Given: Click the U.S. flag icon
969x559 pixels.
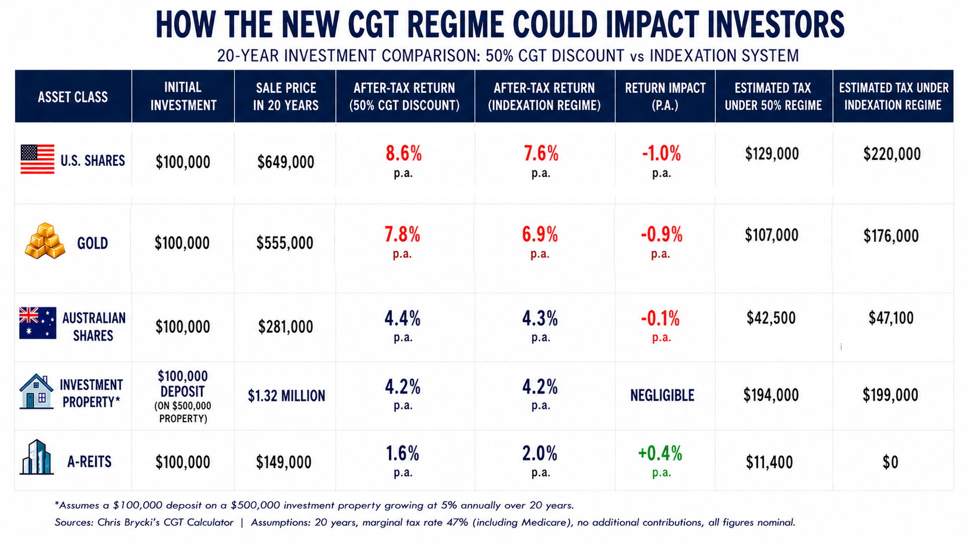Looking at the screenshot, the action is [38, 159].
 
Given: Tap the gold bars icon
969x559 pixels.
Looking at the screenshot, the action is [45, 241].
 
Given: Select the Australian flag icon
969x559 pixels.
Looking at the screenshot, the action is [38, 323].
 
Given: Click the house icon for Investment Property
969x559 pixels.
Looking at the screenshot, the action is [37, 391].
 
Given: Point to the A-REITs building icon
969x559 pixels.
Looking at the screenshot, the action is [37, 458].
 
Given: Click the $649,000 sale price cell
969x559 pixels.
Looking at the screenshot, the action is [286, 162].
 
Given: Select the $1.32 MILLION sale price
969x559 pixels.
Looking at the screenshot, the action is [286, 395].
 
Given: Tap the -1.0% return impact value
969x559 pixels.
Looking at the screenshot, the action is [661, 153].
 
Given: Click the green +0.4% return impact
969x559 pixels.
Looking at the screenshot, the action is [660, 453].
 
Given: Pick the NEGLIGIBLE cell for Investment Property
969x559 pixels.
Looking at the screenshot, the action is [662, 395].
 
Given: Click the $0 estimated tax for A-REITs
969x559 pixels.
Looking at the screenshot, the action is [890, 462].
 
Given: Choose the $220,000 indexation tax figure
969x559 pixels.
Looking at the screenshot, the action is [892, 154].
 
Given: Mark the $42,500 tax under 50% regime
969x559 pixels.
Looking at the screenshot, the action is [771, 318].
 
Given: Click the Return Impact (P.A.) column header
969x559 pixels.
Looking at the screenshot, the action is [665, 97].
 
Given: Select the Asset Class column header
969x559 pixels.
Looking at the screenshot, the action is [72, 97].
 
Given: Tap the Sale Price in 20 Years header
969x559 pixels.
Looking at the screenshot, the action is [286, 97].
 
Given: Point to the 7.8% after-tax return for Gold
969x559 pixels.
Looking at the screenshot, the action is [402, 234].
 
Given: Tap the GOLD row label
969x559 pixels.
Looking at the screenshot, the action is [93, 244].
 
